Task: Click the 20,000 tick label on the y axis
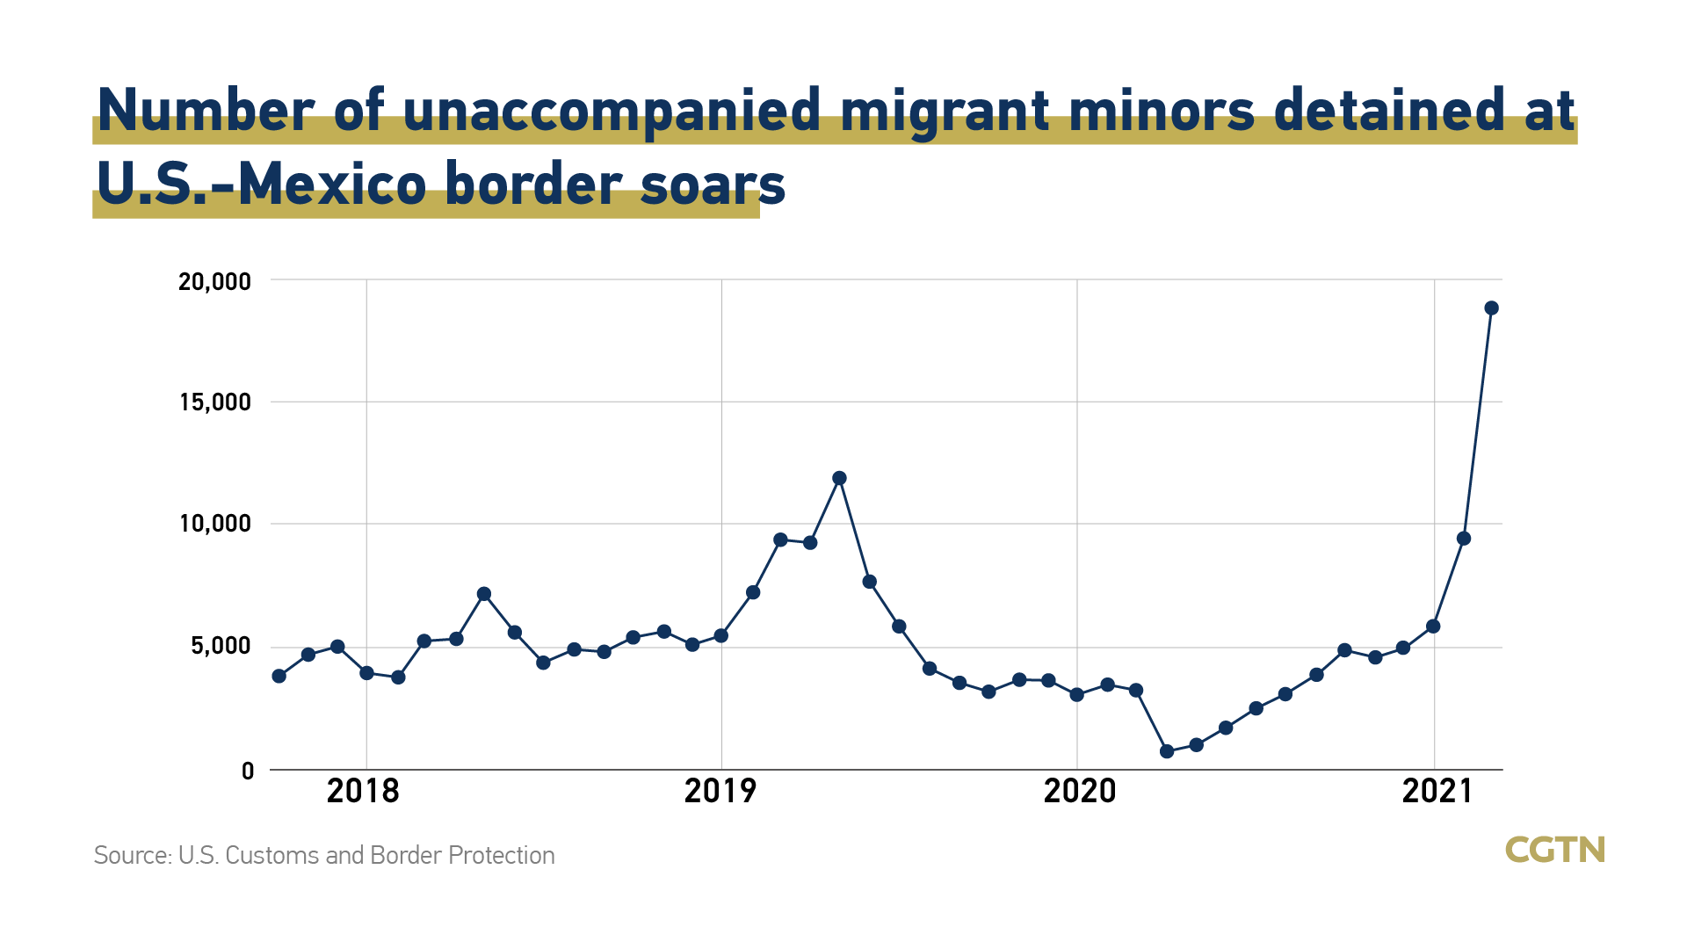pos(214,282)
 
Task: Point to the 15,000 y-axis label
pos(214,403)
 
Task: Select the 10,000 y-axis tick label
pos(214,525)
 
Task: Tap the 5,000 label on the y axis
pos(220,647)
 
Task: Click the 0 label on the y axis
pos(248,772)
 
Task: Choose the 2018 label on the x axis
pos(363,792)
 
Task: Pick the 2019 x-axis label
pos(720,792)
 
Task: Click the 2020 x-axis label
pos(1079,792)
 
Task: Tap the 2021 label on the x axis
pos(1437,792)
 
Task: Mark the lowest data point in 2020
pos(1167,751)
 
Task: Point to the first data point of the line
pos(279,676)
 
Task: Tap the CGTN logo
pos(1555,850)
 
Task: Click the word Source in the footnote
pos(132,856)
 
